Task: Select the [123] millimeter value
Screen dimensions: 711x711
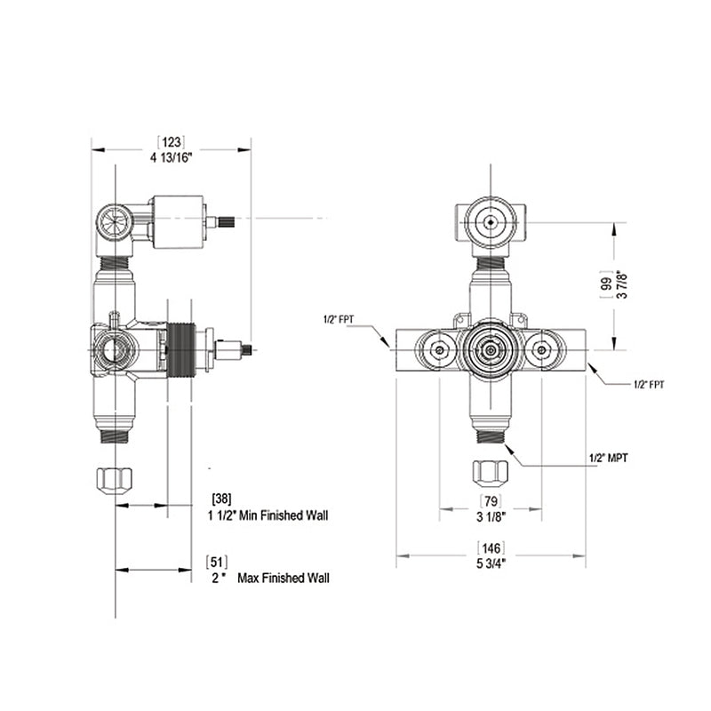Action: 172,142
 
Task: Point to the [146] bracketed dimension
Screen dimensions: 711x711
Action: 491,547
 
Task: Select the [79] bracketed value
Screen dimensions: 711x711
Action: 491,500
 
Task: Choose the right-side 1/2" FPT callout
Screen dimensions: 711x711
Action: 648,384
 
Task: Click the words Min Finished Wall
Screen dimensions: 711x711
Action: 281,515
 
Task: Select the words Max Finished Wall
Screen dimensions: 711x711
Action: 284,578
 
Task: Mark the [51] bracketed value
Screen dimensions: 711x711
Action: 217,561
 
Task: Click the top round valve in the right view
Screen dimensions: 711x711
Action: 490,221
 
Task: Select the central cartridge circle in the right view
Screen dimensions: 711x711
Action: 490,350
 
